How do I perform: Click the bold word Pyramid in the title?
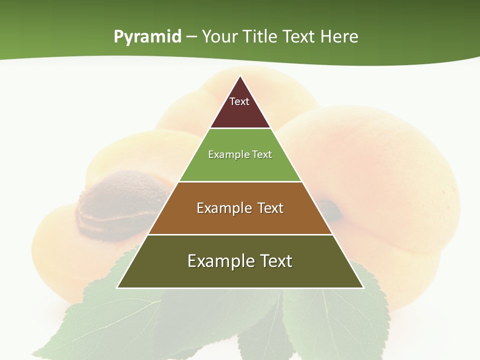[147, 36]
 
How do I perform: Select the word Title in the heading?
[260, 36]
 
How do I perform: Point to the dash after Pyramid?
[191, 37]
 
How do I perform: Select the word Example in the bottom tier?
[220, 261]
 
